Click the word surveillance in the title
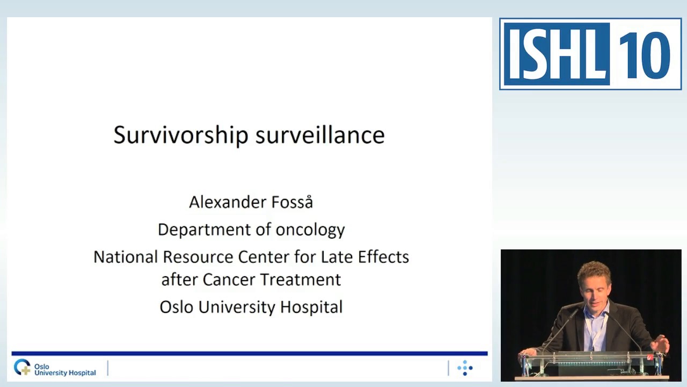click(x=320, y=134)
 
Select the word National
click(x=126, y=257)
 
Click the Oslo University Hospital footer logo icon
click(x=23, y=368)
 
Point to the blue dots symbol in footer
click(x=465, y=368)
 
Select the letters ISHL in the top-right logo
click(x=556, y=54)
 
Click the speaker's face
click(x=594, y=285)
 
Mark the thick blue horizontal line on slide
click(x=250, y=354)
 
